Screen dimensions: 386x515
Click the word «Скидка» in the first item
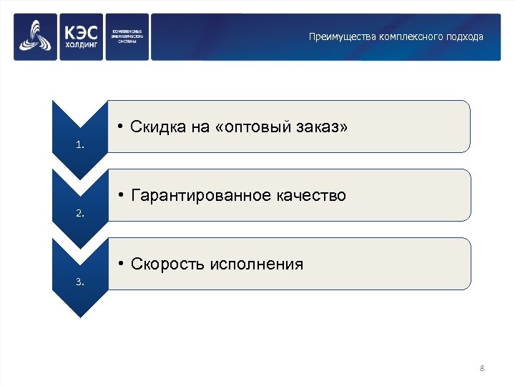coord(157,127)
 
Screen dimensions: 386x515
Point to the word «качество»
coord(311,195)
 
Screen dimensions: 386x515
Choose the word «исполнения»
coord(257,264)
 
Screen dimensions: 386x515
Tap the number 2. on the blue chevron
coord(80,213)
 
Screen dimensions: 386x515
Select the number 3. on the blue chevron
coord(80,282)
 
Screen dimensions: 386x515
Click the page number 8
coord(482,368)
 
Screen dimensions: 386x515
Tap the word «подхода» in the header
coord(462,36)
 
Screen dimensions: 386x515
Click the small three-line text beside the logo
coord(127,36)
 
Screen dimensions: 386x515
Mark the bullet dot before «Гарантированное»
coord(123,195)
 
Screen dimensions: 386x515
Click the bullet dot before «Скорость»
coord(123,264)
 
